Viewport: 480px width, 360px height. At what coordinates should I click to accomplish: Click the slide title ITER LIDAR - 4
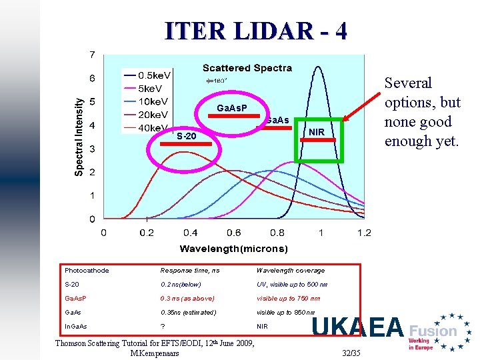pyautogui.click(x=256, y=31)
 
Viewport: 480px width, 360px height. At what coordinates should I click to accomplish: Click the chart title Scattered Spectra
pyautogui.click(x=247, y=68)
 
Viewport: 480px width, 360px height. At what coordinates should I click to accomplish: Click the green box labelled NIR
pyautogui.click(x=318, y=141)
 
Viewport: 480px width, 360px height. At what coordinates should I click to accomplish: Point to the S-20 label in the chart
pyautogui.click(x=187, y=137)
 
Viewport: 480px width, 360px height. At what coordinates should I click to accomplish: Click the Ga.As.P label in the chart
pyautogui.click(x=232, y=108)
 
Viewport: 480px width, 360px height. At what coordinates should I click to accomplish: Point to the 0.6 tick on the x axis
pyautogui.click(x=233, y=233)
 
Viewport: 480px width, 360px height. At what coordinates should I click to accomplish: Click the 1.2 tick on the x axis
pyautogui.click(x=363, y=233)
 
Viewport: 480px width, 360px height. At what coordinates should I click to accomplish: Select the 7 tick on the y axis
pyautogui.click(x=92, y=54)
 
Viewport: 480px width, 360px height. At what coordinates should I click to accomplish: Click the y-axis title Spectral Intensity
pyautogui.click(x=79, y=137)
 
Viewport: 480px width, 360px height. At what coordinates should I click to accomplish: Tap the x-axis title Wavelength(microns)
pyautogui.click(x=233, y=249)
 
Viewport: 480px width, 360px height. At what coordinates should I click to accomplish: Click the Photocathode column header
pyautogui.click(x=87, y=271)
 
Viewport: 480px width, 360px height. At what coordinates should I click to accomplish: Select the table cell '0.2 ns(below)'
pyautogui.click(x=181, y=285)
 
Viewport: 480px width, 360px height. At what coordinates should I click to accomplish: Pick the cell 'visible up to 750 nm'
pyautogui.click(x=288, y=299)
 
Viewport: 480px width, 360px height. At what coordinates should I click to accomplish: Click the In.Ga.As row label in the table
pyautogui.click(x=75, y=327)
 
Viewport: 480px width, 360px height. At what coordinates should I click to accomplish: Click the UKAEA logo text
pyautogui.click(x=358, y=328)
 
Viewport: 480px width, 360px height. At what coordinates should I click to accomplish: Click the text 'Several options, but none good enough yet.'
pyautogui.click(x=423, y=112)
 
